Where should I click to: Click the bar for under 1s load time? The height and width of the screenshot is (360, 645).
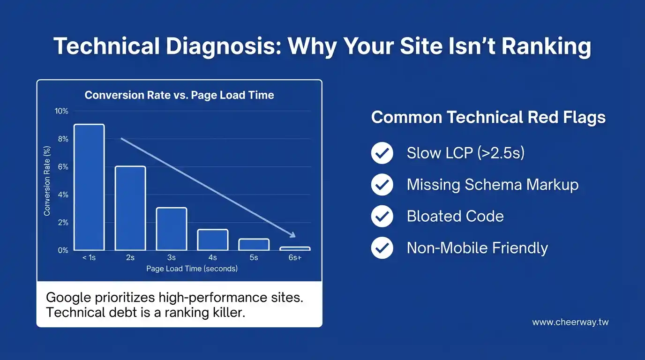pyautogui.click(x=89, y=187)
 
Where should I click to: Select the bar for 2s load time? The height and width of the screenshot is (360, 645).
pyautogui.click(x=130, y=208)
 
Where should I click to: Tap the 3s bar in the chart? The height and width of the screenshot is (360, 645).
pyautogui.click(x=172, y=229)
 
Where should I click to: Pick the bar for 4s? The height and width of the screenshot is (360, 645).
pyautogui.click(x=213, y=240)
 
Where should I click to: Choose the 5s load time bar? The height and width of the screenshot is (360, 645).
pyautogui.click(x=254, y=245)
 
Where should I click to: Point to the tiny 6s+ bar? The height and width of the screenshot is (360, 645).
pyautogui.click(x=295, y=248)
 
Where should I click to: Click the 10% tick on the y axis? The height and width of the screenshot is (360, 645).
pyautogui.click(x=61, y=111)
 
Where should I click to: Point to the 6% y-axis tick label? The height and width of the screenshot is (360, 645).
pyautogui.click(x=63, y=167)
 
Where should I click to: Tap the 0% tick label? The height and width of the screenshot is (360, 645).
pyautogui.click(x=63, y=250)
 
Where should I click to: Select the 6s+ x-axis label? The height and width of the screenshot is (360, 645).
pyautogui.click(x=295, y=257)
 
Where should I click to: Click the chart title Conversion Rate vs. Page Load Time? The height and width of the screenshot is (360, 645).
pyautogui.click(x=179, y=95)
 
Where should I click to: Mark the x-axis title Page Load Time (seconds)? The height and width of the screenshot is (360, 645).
pyautogui.click(x=192, y=269)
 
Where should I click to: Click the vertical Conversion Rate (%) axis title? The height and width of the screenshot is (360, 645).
pyautogui.click(x=47, y=181)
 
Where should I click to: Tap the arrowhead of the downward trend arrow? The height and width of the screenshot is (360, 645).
pyautogui.click(x=292, y=234)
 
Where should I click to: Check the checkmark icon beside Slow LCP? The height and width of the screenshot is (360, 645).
pyautogui.click(x=382, y=153)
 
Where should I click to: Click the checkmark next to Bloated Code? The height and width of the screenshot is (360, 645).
pyautogui.click(x=382, y=216)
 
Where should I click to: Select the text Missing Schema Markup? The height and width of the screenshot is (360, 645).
pyautogui.click(x=493, y=185)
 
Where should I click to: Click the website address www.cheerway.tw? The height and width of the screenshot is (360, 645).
pyautogui.click(x=570, y=322)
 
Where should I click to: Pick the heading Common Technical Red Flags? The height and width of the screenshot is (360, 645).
pyautogui.click(x=488, y=118)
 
